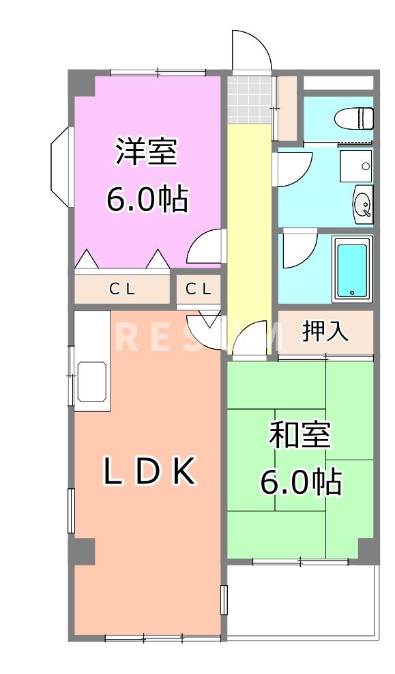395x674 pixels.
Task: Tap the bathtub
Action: click(x=352, y=268)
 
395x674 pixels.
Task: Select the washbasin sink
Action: click(x=362, y=203)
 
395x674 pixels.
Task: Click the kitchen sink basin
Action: click(x=93, y=382)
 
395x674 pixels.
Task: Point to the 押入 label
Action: click(x=326, y=333)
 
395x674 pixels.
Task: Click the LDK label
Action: click(x=149, y=471)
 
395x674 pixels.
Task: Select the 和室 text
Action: click(x=300, y=436)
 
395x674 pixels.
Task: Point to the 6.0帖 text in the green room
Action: click(x=300, y=483)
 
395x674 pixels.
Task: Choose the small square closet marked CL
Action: click(x=199, y=289)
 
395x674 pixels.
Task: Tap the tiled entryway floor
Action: click(x=249, y=98)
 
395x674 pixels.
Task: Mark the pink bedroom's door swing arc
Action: click(x=207, y=247)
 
